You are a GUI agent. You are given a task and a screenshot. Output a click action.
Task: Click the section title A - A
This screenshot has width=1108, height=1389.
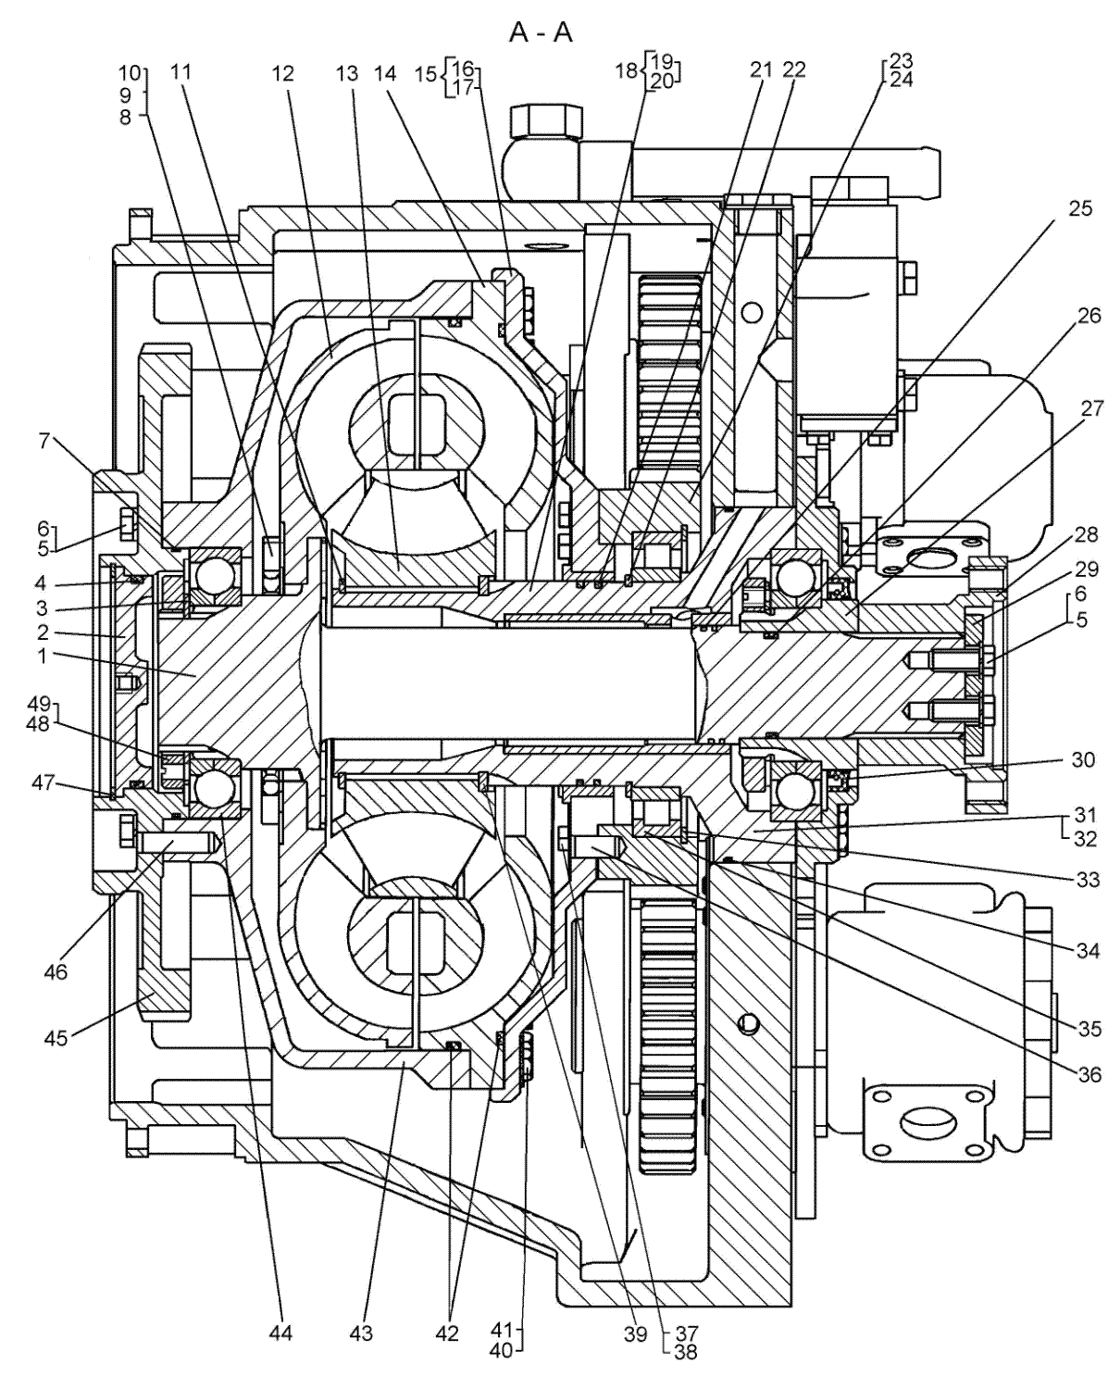[x=541, y=33]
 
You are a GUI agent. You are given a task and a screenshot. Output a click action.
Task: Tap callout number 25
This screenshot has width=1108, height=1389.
[x=1079, y=209]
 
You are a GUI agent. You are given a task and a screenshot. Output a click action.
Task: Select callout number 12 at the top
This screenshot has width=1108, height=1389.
[x=282, y=73]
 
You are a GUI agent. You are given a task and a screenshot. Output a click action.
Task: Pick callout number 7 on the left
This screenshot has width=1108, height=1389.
[x=44, y=443]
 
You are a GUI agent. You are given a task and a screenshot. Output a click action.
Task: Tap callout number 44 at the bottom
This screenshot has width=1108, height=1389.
[x=280, y=1333]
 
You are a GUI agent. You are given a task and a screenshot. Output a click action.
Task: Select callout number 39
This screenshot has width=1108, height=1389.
[x=635, y=1333]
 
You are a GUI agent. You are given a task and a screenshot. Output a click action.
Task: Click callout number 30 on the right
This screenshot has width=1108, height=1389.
[x=1083, y=759]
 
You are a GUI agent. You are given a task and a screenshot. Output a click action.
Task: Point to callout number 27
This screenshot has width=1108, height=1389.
[x=1090, y=408]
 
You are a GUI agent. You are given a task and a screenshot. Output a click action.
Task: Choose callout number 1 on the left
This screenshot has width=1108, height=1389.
[x=42, y=657]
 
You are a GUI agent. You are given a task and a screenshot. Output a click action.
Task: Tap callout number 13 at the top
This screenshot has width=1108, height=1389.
[x=346, y=73]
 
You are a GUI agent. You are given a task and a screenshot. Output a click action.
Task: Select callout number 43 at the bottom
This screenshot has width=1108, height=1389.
[x=361, y=1333]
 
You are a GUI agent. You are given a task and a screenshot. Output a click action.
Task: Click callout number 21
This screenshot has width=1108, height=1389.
[x=762, y=69]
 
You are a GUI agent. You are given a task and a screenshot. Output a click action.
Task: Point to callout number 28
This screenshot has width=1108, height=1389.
[x=1086, y=534]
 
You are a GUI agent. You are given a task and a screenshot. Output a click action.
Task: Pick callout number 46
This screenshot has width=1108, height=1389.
[x=56, y=971]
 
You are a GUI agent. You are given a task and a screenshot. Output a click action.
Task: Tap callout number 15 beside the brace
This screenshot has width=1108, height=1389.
[x=425, y=73]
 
